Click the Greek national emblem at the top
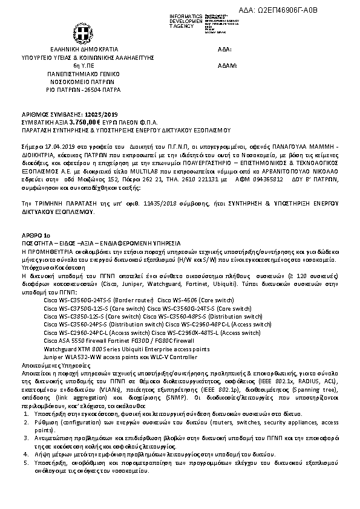82,31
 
